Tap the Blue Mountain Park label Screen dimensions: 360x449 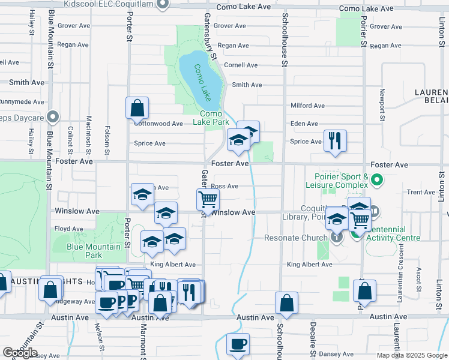pos(94,251)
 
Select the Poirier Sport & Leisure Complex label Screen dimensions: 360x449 pos(342,181)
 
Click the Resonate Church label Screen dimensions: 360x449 pos(296,238)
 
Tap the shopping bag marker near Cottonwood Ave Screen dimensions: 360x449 pos(137,109)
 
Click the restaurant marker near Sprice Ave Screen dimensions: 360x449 pos(334,141)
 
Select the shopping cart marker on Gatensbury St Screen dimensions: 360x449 pos(208,199)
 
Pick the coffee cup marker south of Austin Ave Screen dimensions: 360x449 pos(238,344)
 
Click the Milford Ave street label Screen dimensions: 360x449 pos(307,106)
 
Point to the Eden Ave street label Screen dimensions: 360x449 pos(304,124)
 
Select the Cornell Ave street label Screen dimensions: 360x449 pos(241,65)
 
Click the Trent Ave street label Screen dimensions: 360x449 pos(417,193)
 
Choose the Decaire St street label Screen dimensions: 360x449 pos(313,346)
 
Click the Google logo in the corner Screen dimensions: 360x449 pos(20,352)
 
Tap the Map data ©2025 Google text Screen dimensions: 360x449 pos(411,355)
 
